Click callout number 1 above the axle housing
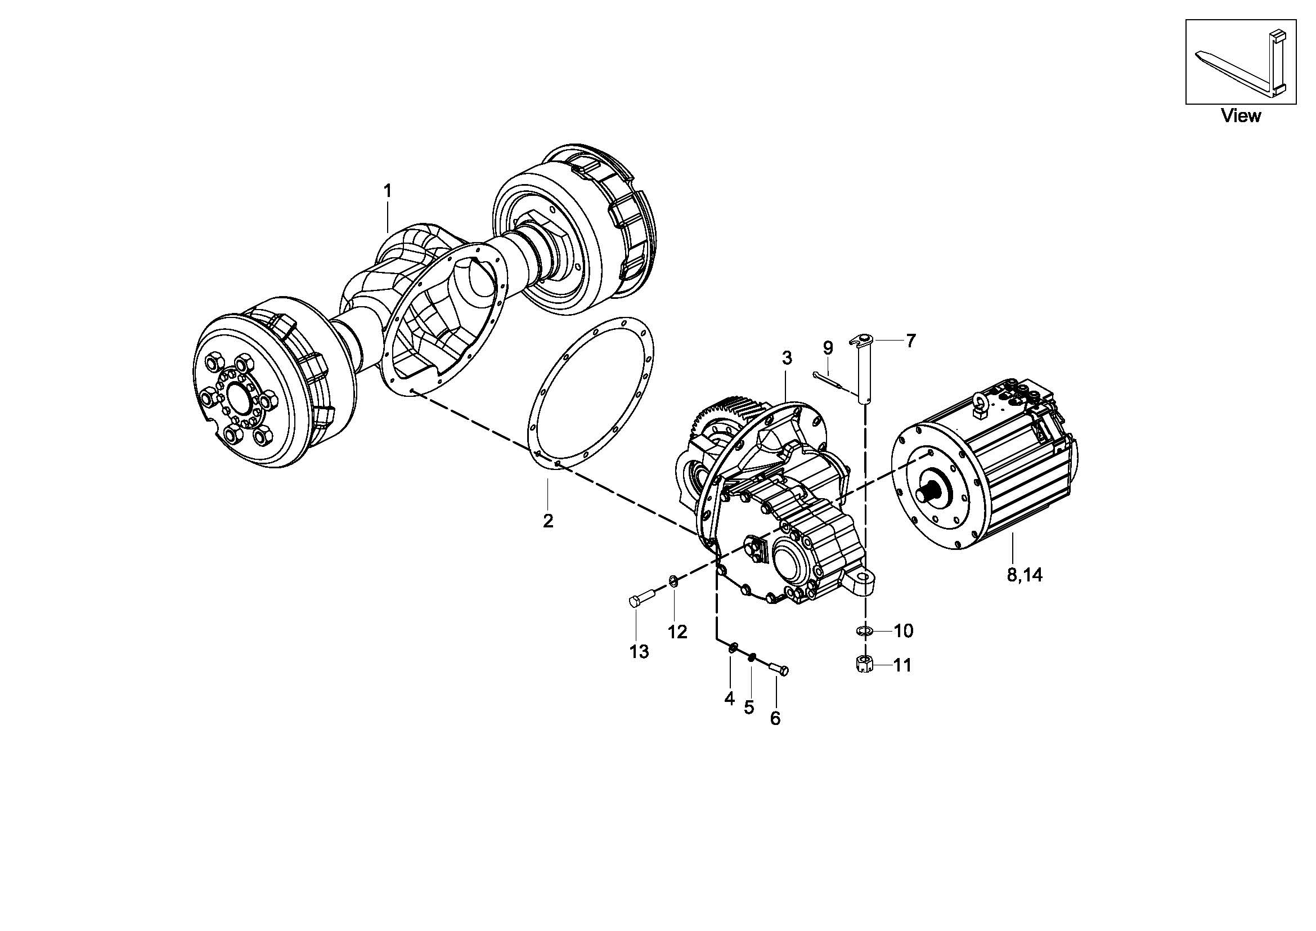tap(388, 191)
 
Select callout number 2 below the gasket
tap(548, 521)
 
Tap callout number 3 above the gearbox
tap(787, 358)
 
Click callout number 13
tap(639, 652)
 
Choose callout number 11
tap(902, 665)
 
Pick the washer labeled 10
tap(865, 631)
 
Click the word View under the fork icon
tap(1241, 116)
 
